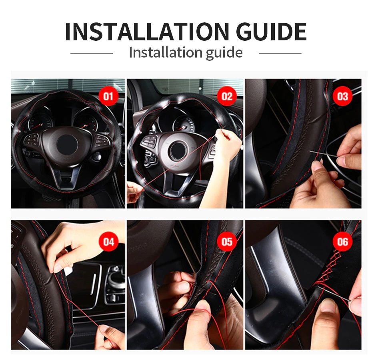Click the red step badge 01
coord(108,97)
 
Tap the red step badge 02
coord(226,97)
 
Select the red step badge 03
coord(343,97)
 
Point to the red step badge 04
coord(108,242)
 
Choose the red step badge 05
coord(226,242)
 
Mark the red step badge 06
coord(343,242)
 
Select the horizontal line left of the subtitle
coord(92,53)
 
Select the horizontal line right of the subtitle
coord(280,53)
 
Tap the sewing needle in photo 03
coord(322,154)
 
